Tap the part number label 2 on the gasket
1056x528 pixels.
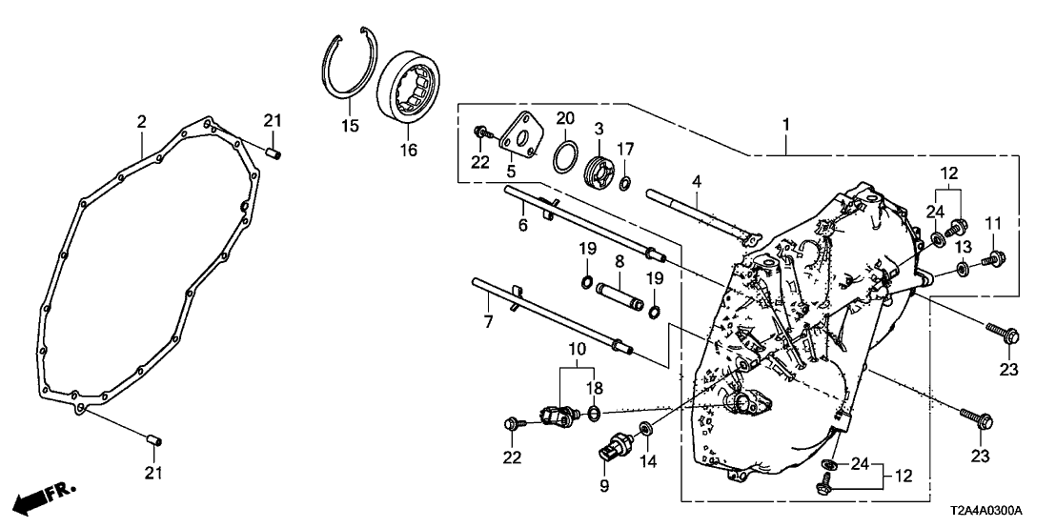point(141,122)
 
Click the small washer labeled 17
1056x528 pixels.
point(625,182)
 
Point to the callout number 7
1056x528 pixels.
point(487,322)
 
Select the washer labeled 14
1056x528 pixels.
point(644,427)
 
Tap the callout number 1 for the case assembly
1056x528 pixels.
point(787,124)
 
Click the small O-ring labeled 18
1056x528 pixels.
point(594,413)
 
